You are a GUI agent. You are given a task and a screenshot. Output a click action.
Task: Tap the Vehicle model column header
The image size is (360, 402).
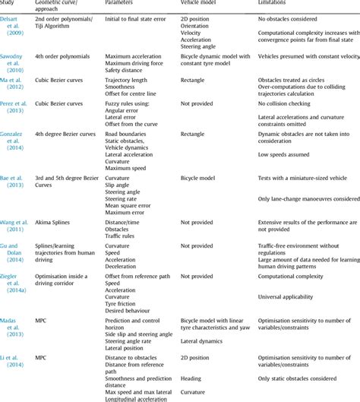[x=202, y=4]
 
